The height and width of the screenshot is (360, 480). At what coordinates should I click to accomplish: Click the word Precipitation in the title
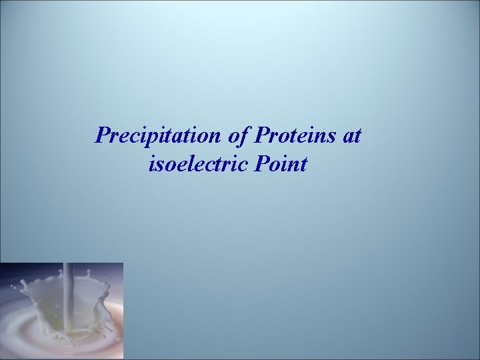(x=157, y=136)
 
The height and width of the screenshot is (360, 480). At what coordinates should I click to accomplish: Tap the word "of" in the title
(x=237, y=136)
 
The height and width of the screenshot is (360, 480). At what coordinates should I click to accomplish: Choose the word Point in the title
(x=280, y=163)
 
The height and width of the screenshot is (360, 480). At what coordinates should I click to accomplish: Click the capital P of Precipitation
(x=103, y=136)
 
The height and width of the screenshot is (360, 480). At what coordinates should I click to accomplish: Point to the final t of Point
(x=303, y=164)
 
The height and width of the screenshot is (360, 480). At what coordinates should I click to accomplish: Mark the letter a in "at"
(x=349, y=137)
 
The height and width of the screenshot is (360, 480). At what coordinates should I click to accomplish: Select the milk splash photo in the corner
(x=61, y=311)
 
